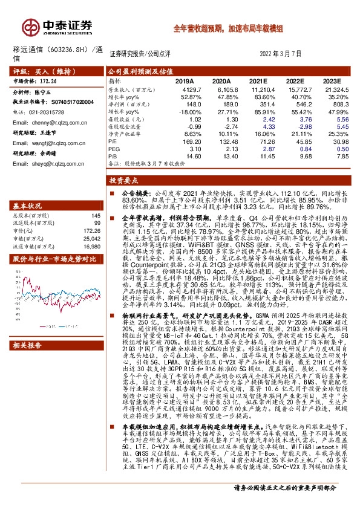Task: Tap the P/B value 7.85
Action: pos(333,157)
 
